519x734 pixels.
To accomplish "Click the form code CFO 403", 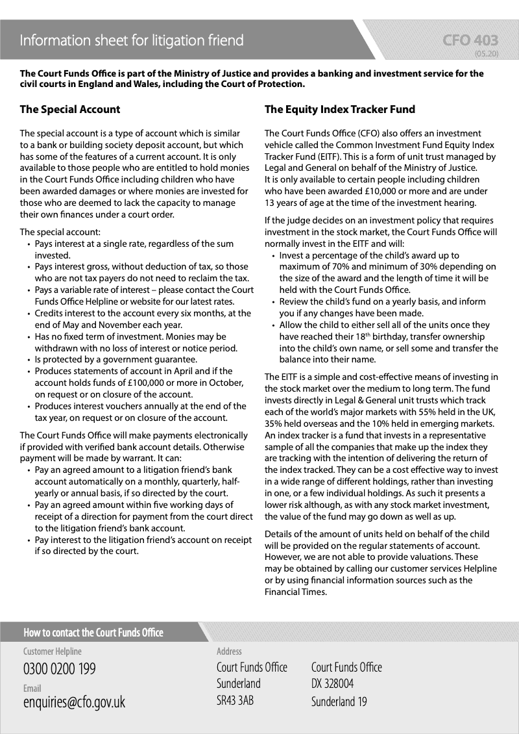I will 470,41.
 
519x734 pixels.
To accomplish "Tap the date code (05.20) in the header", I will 486,54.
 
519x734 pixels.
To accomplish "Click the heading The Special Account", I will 70,109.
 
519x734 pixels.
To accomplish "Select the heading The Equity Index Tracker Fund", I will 339,109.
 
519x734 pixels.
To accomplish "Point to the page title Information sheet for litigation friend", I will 132,41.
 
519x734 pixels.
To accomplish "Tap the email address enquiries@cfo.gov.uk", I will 74,702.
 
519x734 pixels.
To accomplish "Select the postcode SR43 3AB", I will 235,702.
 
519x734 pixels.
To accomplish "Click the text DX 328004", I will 332,684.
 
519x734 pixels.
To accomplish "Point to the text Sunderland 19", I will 339,702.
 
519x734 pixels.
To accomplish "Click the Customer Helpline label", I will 53,651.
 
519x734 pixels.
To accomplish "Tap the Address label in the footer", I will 229,651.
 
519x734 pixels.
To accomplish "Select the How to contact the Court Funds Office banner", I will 93,632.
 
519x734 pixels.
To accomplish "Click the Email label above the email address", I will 32,688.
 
